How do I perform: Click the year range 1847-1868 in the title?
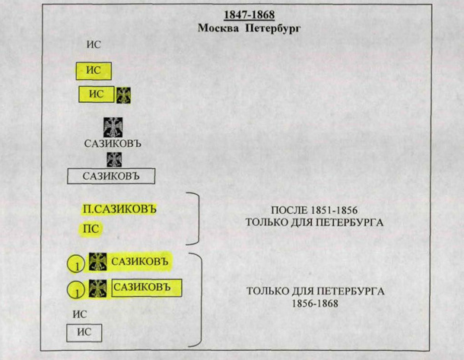251,15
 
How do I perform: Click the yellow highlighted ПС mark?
91,228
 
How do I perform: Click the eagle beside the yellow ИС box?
123,94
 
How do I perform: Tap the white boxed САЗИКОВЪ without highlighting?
111,177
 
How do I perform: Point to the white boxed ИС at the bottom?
83,332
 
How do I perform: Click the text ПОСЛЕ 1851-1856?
314,210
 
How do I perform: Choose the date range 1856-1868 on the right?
314,304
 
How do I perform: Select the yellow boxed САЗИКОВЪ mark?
148,288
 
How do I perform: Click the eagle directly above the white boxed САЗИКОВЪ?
113,159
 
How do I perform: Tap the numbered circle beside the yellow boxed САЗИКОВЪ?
76,290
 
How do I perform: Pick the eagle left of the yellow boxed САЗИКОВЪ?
98,288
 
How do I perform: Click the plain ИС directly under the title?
94,45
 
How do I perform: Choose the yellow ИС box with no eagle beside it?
94,72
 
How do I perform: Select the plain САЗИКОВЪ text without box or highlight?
113,142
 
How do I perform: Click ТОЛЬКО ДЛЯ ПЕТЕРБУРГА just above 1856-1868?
314,292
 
